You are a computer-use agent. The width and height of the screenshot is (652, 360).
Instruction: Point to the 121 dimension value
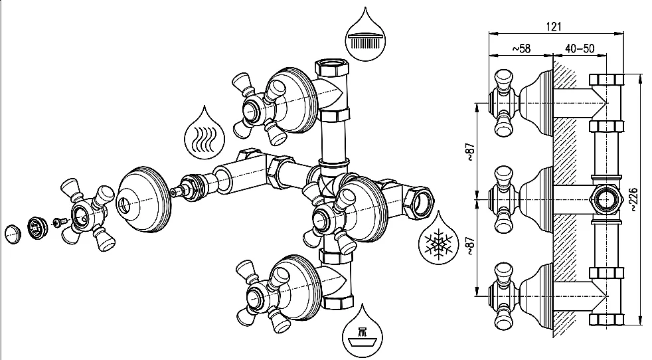tap(555, 26)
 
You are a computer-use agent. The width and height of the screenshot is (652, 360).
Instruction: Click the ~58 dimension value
tap(521, 48)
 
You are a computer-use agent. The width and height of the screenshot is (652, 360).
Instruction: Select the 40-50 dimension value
tap(579, 48)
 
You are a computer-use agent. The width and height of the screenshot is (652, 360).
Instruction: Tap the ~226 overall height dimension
tap(637, 199)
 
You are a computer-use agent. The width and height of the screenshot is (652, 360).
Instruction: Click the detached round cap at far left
tap(13, 234)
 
